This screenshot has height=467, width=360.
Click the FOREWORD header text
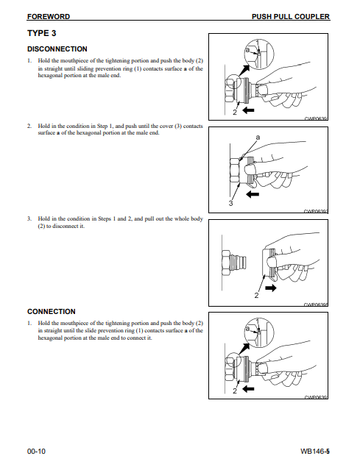coord(49,17)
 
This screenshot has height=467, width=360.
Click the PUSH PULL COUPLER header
coord(291,17)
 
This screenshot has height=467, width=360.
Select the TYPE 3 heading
coord(42,33)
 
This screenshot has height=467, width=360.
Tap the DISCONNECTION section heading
coord(57,49)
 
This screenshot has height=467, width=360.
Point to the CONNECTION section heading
coord(52,312)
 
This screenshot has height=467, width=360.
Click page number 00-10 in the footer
coord(36,452)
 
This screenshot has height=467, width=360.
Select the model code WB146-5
coord(315,452)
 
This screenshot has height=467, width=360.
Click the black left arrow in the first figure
coord(248,110)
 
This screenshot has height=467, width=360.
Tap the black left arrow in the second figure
coord(253,194)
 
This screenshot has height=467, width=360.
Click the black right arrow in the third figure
coord(271,288)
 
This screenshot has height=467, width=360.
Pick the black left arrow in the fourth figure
coord(248,388)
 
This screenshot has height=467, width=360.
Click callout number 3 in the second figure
coord(230,204)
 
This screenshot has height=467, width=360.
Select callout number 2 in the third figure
coord(256,296)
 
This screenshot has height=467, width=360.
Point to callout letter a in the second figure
coord(258,137)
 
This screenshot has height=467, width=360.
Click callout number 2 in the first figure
coord(235,113)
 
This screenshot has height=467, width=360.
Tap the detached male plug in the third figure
coord(234,263)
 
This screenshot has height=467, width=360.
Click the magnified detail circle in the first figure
coord(258,54)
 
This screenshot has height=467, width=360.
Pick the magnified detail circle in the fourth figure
coord(258,332)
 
